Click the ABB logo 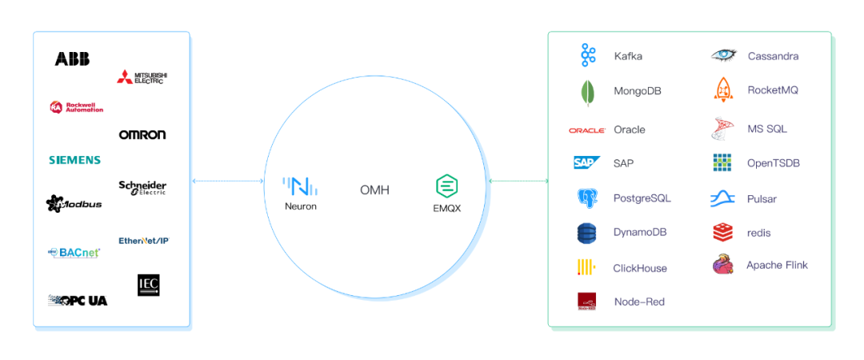[x=72, y=58]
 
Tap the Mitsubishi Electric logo [x=142, y=78]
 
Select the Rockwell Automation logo [x=76, y=107]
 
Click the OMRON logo [x=142, y=134]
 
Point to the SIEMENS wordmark [x=74, y=160]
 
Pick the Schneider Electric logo [x=142, y=188]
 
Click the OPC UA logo [x=78, y=300]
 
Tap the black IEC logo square [x=149, y=286]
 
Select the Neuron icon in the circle [x=300, y=187]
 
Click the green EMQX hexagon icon [x=446, y=186]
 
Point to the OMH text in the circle [x=374, y=190]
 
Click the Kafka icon [x=588, y=56]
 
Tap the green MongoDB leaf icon [x=587, y=93]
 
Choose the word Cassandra [x=773, y=56]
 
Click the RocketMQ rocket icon [x=723, y=90]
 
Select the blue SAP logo [x=586, y=163]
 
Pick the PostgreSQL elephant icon [x=587, y=198]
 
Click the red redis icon [x=722, y=233]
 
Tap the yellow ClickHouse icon [x=586, y=268]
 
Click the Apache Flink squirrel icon [x=723, y=265]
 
